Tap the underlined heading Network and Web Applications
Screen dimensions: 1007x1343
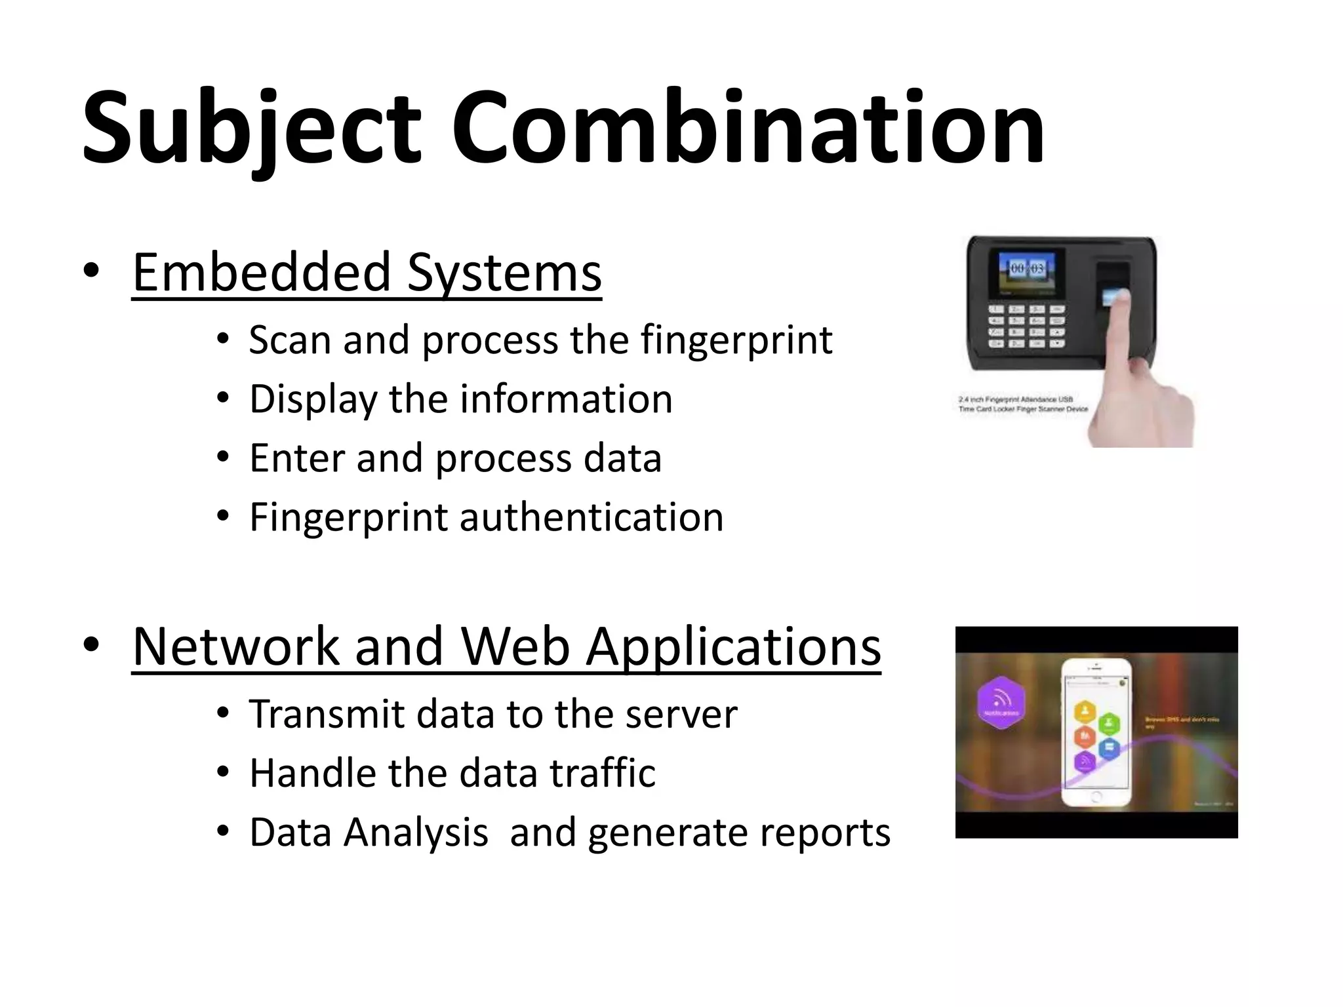pos(506,647)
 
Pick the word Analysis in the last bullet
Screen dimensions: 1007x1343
pos(416,833)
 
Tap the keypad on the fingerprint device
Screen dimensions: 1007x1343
pos(1026,325)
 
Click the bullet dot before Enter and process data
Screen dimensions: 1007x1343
pos(223,458)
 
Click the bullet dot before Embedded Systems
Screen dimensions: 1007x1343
pos(91,271)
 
